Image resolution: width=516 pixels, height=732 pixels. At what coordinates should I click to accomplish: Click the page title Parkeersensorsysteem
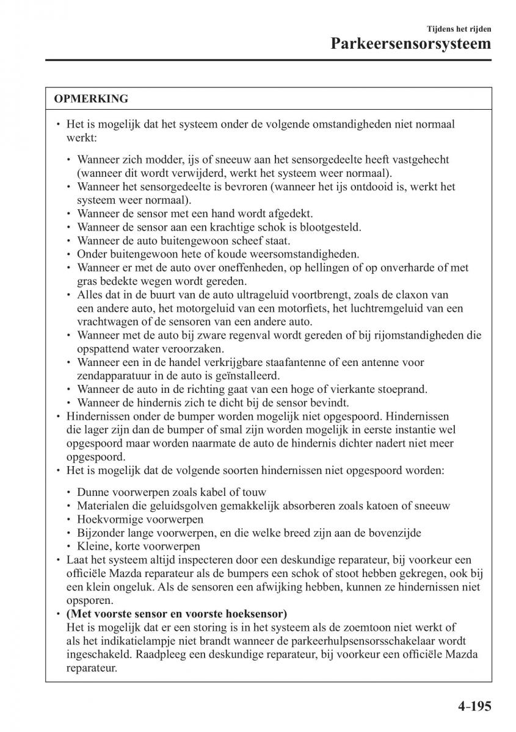point(412,44)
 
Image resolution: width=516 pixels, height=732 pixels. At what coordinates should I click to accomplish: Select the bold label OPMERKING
point(90,99)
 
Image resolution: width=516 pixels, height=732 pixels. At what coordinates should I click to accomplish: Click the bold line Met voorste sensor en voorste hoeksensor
point(176,613)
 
